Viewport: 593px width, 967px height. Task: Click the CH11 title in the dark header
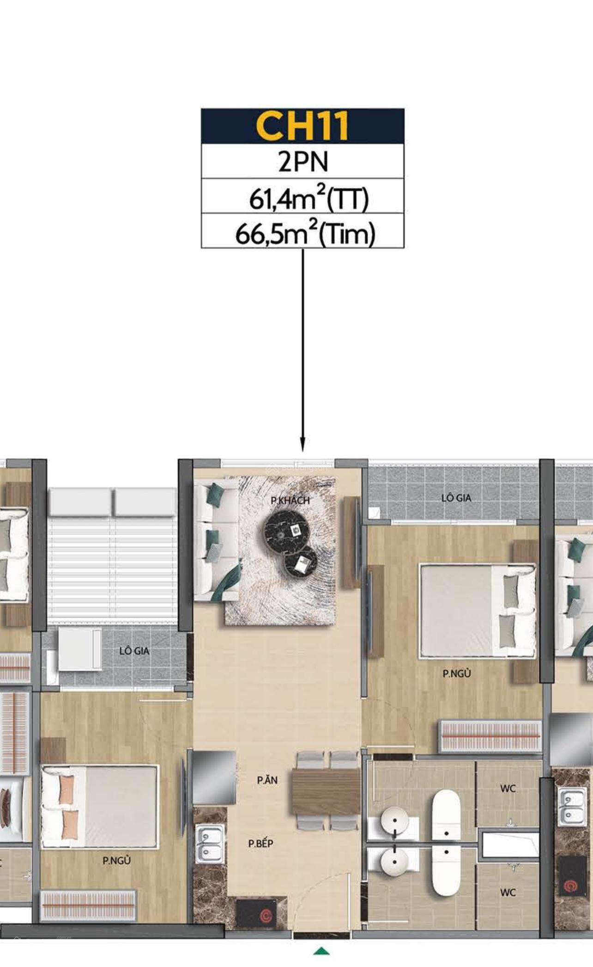(302, 126)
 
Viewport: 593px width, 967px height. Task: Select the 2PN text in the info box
(303, 161)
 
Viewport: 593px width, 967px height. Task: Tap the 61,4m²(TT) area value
(309, 197)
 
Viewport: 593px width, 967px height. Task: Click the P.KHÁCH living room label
(290, 500)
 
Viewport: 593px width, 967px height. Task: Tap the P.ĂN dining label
(267, 780)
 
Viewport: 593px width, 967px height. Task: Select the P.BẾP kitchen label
(261, 844)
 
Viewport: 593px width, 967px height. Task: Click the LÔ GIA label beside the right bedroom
(456, 498)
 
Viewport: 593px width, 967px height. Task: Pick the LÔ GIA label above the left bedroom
(134, 651)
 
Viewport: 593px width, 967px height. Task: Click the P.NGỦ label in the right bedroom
(457, 673)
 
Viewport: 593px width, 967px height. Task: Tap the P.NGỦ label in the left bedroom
(116, 861)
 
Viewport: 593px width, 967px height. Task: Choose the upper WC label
(508, 789)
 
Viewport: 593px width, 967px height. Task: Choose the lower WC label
(508, 893)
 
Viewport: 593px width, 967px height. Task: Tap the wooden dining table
(326, 791)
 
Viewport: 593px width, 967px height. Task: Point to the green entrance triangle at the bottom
(321, 951)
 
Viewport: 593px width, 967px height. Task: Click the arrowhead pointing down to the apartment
(303, 445)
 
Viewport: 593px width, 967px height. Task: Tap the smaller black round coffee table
(300, 562)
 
